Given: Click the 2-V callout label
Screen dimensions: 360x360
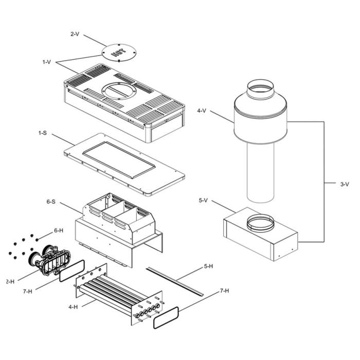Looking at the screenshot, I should point(75,34).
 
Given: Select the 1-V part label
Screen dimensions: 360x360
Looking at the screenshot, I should point(47,62).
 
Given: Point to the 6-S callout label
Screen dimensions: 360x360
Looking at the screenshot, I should point(50,202).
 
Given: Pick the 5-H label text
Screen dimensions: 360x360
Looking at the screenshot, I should point(208,266).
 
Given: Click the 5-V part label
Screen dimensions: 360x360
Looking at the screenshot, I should point(204,200).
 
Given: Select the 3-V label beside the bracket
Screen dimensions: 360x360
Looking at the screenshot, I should point(345,184).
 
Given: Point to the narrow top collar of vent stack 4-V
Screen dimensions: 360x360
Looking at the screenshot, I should point(262,90).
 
